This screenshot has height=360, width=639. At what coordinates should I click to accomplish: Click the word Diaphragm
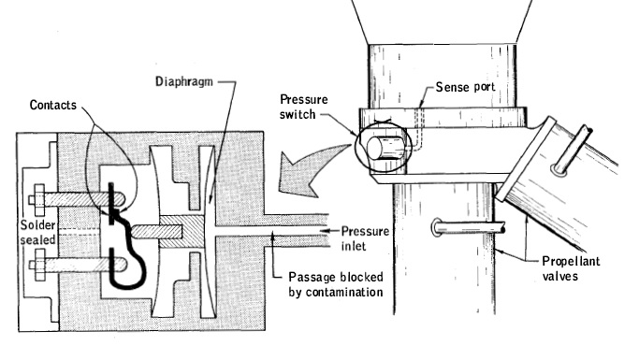point(184,82)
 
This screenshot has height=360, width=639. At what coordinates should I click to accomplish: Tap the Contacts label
point(53,105)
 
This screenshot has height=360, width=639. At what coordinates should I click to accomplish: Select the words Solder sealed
point(38,232)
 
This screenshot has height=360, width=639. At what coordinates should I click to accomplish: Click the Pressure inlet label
point(365,238)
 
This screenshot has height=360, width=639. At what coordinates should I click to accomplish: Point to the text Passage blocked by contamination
point(336,284)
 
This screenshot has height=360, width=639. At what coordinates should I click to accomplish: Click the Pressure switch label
point(304,107)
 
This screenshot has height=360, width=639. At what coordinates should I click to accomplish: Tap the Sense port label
point(465,87)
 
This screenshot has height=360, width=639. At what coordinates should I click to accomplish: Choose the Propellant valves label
point(571,268)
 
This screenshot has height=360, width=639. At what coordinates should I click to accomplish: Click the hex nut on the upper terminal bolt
point(39,199)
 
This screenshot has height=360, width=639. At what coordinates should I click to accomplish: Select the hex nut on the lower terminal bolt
point(39,266)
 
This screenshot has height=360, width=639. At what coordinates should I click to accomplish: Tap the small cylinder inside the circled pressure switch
point(385,148)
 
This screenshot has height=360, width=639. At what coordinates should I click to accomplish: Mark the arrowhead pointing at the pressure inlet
point(325,231)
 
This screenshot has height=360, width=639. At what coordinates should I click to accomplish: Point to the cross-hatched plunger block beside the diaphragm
point(182,231)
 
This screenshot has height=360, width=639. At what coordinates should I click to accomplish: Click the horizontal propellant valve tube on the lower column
point(469,227)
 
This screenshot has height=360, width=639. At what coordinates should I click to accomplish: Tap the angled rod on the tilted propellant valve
point(571,150)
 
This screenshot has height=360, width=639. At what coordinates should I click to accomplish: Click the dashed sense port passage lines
point(418,129)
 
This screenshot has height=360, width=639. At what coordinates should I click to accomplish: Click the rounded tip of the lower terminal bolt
point(123,266)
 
